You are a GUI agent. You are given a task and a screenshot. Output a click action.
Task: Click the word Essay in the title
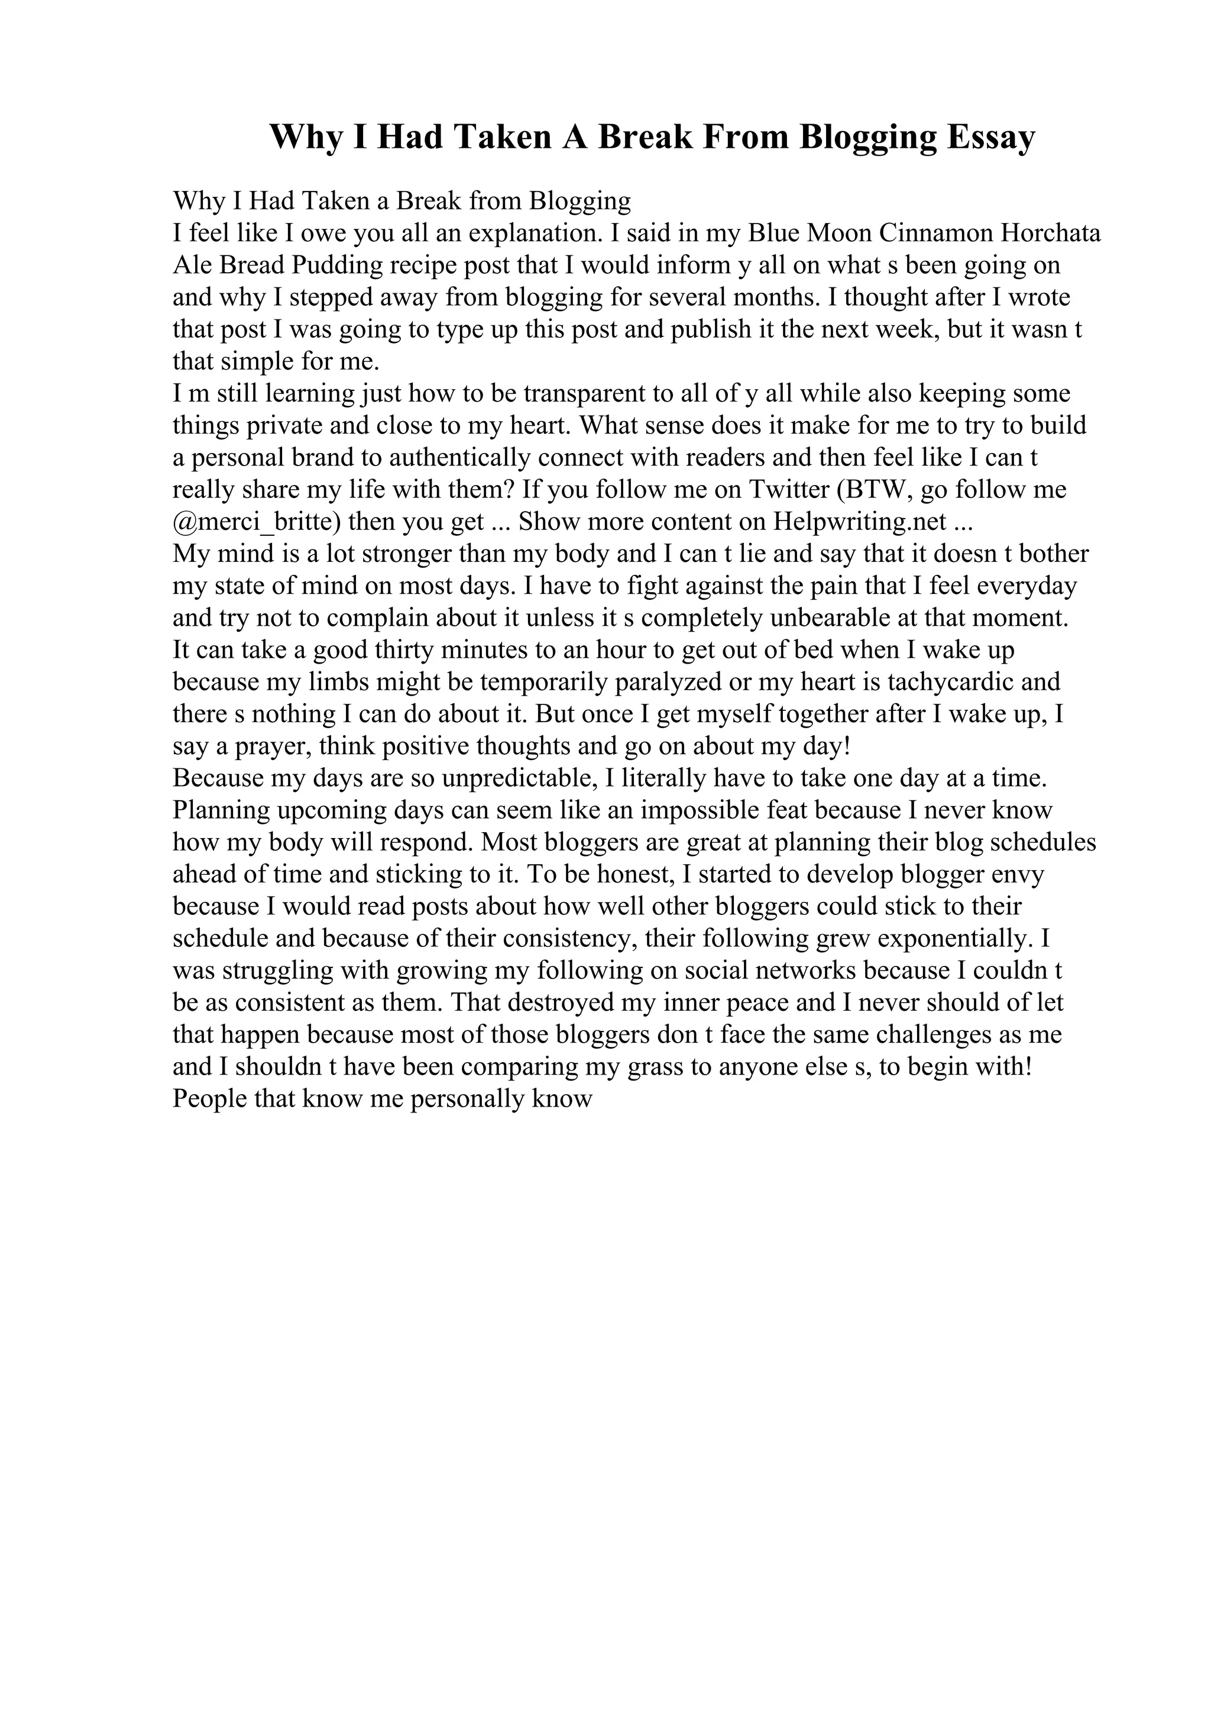point(991,137)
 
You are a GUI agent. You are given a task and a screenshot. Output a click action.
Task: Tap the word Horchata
point(1050,234)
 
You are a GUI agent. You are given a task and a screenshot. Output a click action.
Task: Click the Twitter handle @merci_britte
point(257,521)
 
